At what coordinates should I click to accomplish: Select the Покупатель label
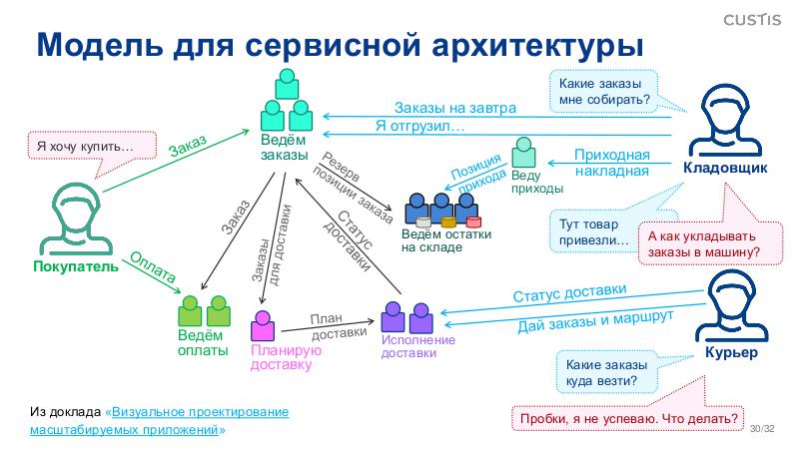click(76, 266)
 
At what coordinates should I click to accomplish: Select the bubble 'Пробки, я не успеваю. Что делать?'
click(629, 418)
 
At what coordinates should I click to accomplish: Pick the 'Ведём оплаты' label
click(203, 342)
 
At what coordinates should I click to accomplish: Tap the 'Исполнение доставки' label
click(418, 346)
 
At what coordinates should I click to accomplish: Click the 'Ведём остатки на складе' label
click(446, 240)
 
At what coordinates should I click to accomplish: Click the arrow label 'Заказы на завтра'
click(454, 108)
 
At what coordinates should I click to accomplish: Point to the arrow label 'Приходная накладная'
click(611, 163)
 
